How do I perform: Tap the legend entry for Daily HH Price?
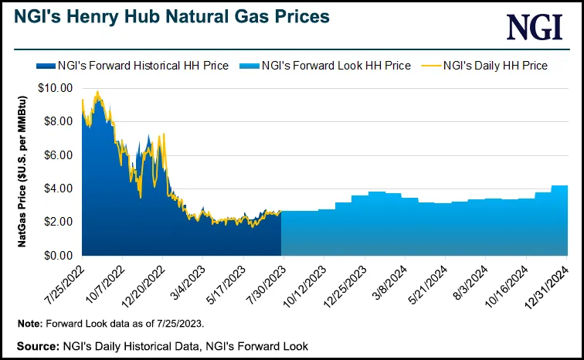point(495,66)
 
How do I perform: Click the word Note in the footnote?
point(30,322)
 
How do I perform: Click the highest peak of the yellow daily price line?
point(97,92)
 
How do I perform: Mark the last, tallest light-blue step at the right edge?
point(559,220)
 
